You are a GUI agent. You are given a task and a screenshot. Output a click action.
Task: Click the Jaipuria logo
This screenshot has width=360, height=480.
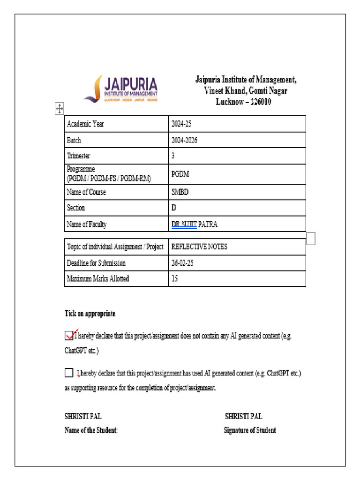coord(121,89)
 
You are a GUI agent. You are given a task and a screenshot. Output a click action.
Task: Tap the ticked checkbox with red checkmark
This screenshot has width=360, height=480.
coord(69,335)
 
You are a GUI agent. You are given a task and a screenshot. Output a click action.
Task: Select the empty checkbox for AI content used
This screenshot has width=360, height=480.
coord(69,373)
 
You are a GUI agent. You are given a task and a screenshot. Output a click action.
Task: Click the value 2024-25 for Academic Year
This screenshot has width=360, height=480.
coord(182,124)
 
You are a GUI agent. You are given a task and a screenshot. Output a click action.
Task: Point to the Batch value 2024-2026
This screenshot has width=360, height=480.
coord(184,140)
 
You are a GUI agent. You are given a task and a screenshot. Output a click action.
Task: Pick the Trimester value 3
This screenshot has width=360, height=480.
coord(173,156)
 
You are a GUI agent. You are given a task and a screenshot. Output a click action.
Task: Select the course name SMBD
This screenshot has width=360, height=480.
coord(180,192)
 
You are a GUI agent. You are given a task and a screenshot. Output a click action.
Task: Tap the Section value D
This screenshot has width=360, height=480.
coord(174,208)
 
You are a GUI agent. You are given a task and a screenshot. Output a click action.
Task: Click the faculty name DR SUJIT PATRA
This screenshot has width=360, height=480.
coord(194,224)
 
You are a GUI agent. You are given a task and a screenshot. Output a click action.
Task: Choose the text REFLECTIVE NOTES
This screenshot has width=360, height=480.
coord(199,247)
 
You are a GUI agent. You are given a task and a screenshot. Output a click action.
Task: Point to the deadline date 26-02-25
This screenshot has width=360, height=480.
coord(182,263)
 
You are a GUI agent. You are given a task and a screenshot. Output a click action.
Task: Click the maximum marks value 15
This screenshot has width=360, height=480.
coord(175,279)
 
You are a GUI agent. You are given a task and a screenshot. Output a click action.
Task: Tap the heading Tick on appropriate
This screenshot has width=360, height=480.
coord(90,314)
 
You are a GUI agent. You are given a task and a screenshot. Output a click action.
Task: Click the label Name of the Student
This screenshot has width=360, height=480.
coord(91,430)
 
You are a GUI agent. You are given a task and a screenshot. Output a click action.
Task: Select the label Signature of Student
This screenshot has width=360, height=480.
coord(250,430)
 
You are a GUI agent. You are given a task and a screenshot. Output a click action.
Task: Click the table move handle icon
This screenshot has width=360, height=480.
coord(60,109)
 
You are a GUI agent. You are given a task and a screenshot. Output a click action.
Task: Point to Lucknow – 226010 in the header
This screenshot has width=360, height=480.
coord(243,102)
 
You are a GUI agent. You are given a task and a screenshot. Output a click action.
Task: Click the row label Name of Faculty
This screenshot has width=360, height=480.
coord(87,224)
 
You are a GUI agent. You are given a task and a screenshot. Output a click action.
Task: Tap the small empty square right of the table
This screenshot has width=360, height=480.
coord(311,239)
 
